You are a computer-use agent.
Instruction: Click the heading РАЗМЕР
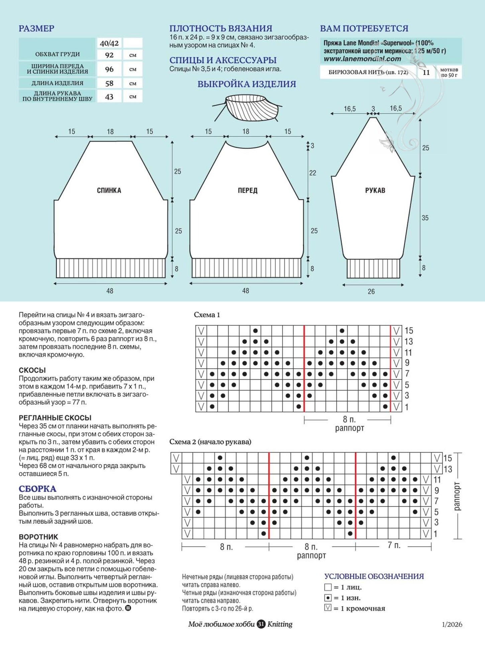point(36,28)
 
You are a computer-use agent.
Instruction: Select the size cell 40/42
point(109,43)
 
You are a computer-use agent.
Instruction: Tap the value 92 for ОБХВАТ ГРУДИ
point(109,55)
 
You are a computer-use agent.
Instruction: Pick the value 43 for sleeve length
point(109,97)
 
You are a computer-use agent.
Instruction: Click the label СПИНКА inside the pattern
point(109,190)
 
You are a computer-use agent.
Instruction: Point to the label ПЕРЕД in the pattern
point(248,190)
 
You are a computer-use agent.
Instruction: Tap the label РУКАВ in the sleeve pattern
point(375,190)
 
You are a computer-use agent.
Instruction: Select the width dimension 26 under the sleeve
point(371,292)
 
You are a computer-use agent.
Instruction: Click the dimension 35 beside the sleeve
point(425,218)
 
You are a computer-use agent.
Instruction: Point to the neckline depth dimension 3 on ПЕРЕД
point(312,146)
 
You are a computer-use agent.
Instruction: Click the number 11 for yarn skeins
point(426,72)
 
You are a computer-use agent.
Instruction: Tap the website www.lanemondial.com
point(362,59)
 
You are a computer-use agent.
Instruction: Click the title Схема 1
point(207,315)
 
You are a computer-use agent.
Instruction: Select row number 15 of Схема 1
point(409,331)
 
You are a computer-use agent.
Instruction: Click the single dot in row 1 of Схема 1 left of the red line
point(299,407)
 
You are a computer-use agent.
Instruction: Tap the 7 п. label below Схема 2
point(394,545)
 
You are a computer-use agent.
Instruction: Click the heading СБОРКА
point(37,489)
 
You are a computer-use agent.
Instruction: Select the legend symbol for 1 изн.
point(328,598)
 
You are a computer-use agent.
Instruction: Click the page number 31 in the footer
point(261,624)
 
